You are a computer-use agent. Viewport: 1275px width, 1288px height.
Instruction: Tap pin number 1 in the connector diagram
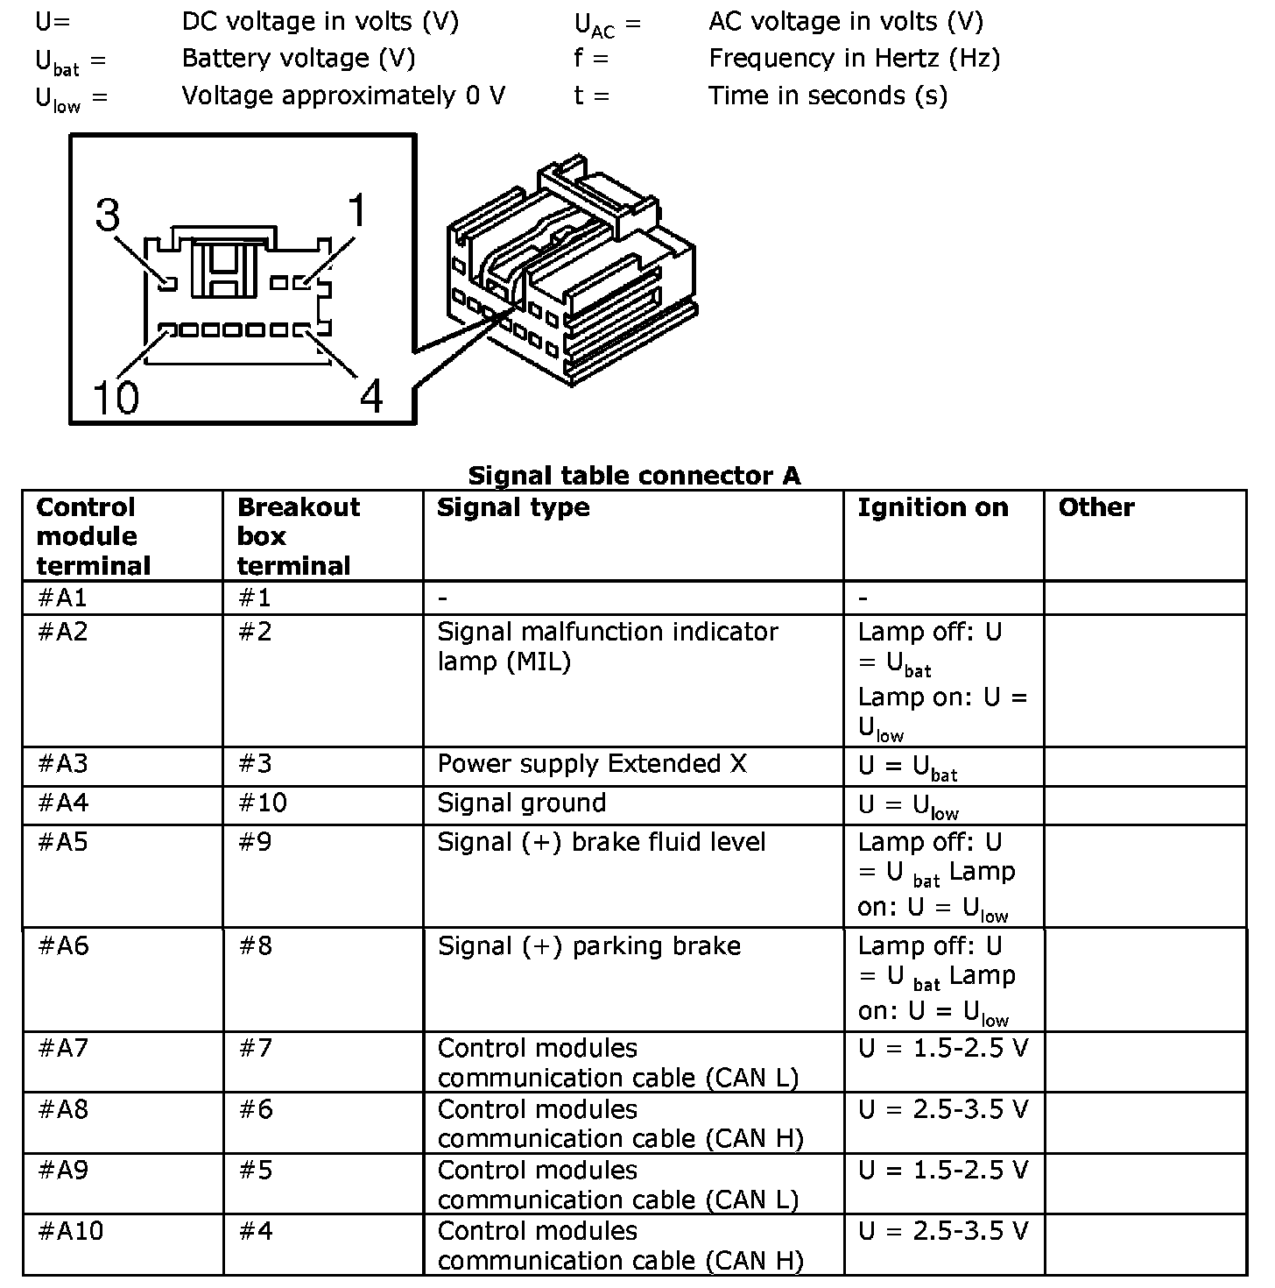coord(303,283)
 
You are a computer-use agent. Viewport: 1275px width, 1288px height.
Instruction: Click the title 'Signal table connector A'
coord(634,476)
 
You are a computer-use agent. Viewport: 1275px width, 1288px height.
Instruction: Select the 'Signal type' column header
coord(513,507)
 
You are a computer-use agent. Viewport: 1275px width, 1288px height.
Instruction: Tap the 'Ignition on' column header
coord(933,507)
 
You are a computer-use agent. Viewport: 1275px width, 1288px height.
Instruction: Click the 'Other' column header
coord(1096,507)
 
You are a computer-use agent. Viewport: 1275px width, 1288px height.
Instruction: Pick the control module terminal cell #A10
coord(70,1231)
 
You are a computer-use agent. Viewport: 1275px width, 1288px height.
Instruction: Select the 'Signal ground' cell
coord(522,803)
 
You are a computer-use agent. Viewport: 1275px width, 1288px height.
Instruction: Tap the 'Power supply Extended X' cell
coord(592,764)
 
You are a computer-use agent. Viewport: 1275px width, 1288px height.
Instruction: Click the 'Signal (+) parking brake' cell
coord(589,946)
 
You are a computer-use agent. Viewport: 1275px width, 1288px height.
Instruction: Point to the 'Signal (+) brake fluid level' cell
coord(602,842)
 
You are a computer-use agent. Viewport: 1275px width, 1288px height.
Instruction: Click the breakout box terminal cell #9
coord(255,842)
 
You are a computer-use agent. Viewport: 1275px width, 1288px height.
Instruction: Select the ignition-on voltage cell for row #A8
coord(943,1110)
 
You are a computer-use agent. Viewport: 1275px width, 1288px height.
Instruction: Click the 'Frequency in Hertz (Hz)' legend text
coord(854,59)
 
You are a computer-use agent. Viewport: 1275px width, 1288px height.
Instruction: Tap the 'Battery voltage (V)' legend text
coord(299,59)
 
